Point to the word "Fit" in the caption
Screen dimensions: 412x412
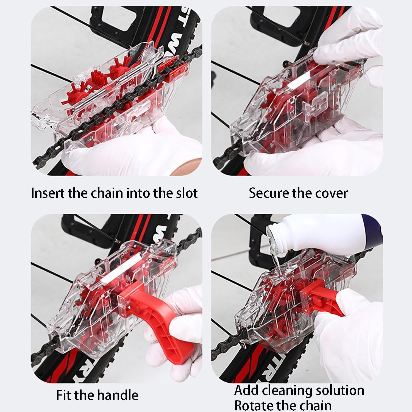pos(64,395)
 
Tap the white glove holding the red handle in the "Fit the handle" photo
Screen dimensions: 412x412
pos(176,330)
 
